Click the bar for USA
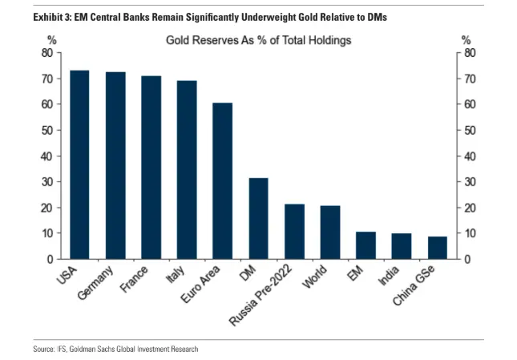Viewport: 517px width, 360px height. click(79, 165)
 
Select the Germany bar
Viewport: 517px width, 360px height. click(115, 166)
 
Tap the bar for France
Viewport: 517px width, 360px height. click(151, 168)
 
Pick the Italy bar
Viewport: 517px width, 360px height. click(186, 170)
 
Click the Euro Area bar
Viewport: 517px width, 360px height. click(222, 181)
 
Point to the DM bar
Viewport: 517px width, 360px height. click(258, 219)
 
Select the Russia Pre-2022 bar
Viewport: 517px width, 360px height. click(294, 232)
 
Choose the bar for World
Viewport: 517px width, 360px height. click(329, 233)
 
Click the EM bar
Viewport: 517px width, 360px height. click(366, 245)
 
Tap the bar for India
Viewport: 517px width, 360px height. click(401, 246)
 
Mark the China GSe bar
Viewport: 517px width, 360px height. click(437, 248)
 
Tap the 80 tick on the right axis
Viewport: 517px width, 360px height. click(471, 53)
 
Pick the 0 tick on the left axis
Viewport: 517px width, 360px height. click(49, 259)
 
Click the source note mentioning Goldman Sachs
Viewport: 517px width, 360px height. click(117, 350)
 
